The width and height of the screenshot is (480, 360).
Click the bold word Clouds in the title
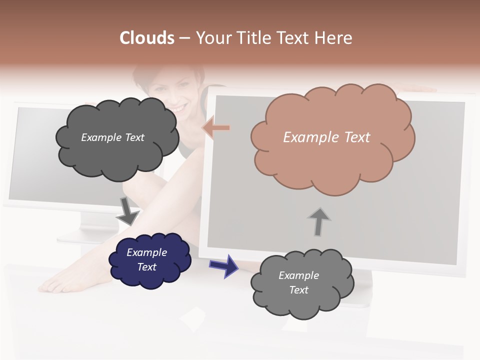[x=147, y=38]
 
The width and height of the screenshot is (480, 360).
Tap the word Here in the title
[x=334, y=38]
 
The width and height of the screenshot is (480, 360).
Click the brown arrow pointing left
[x=216, y=128]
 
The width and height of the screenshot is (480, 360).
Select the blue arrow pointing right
[x=223, y=265]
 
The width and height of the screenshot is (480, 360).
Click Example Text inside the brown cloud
[x=326, y=137]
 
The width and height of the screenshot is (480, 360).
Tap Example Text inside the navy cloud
[x=147, y=259]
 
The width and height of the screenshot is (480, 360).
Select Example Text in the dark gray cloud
[x=112, y=137]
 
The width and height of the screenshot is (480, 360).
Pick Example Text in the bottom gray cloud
[x=298, y=282]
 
